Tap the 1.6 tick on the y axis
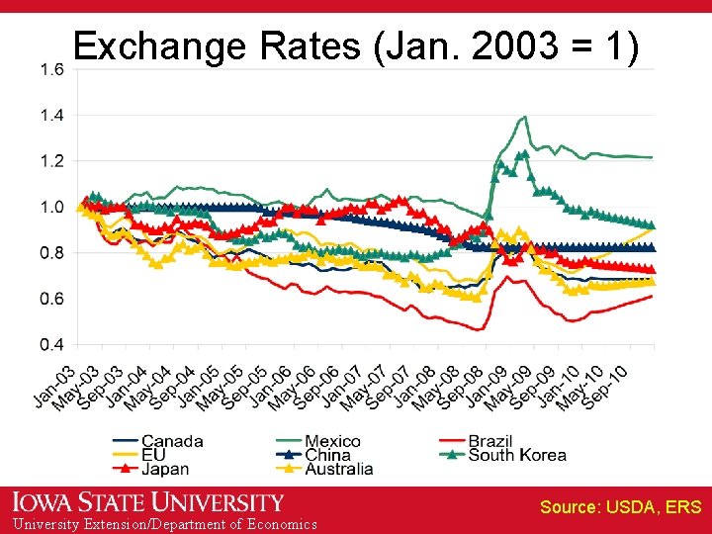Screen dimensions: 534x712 [52, 69]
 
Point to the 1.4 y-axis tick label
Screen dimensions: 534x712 [52, 116]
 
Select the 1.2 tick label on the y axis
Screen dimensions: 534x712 [52, 161]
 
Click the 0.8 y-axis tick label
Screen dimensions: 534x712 [52, 253]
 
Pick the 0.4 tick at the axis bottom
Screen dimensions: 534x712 [52, 345]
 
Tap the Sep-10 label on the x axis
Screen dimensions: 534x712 [605, 386]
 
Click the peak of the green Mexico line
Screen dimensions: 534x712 [523, 117]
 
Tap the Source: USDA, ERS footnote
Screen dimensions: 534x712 [620, 507]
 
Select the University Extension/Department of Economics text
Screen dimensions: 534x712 [159, 524]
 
